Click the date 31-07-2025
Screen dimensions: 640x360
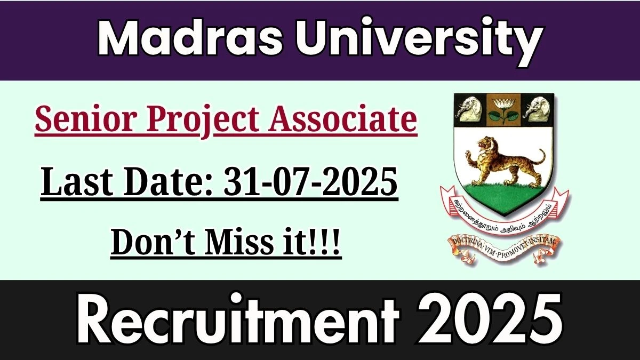310,182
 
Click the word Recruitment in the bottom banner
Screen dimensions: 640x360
238,319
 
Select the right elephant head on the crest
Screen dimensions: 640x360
537,109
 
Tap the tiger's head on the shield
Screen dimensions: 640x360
486,145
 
